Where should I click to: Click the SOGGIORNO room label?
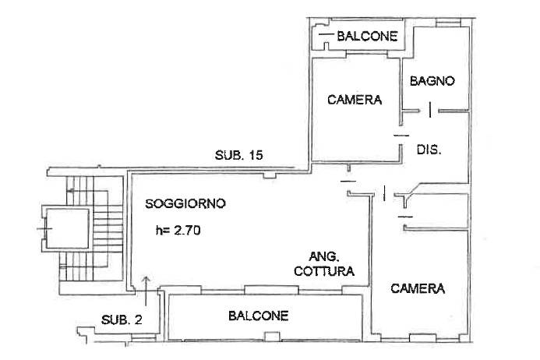tap(185, 203)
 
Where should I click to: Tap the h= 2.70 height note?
tap(178, 230)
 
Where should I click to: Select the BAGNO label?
tap(432, 81)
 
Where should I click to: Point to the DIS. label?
tap(429, 150)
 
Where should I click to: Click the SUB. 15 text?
tap(238, 155)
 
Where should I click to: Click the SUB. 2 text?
tap(122, 319)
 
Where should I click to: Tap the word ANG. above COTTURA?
tap(324, 256)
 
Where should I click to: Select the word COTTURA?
tap(324, 271)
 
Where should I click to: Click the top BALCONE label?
tap(367, 36)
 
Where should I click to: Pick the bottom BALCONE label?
tap(258, 316)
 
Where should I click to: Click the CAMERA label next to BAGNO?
tap(355, 100)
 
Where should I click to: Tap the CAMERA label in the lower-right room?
tap(418, 288)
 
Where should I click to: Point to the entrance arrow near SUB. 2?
tap(146, 291)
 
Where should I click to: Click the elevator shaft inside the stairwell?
tap(66, 228)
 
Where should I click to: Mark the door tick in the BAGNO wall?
tap(430, 110)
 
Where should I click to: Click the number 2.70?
tap(187, 230)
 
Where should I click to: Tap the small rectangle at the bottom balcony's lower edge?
tap(272, 336)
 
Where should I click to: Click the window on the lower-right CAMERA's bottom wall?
tap(422, 338)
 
